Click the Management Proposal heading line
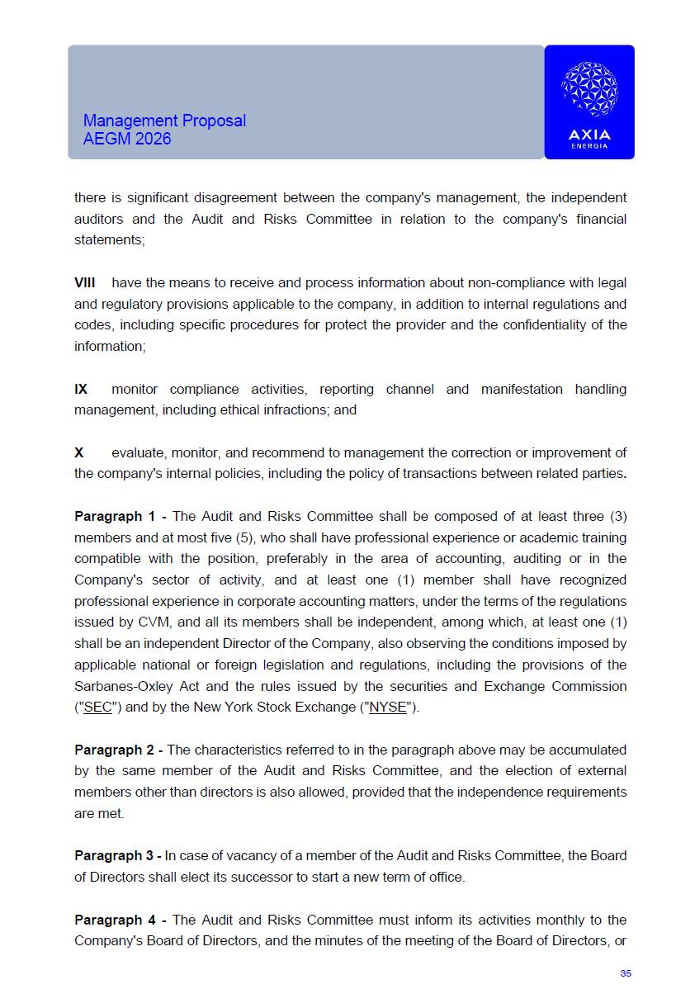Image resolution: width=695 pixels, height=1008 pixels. point(164,121)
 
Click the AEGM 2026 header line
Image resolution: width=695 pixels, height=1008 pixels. point(127,139)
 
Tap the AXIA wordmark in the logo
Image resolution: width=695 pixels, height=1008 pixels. point(589,135)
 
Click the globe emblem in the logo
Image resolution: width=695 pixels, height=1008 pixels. point(589,88)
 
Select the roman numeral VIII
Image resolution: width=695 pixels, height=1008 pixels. point(84,282)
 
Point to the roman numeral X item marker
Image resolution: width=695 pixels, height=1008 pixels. point(79,452)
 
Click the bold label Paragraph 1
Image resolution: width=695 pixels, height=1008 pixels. point(115,517)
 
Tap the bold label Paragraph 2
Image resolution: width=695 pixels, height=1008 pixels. point(115,750)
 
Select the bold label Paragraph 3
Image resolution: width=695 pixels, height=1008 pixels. point(115,855)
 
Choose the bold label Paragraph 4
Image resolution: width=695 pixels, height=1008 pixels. point(115,920)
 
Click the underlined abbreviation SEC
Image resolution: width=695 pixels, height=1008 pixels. point(98,707)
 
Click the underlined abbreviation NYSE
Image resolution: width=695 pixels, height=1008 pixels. point(387,707)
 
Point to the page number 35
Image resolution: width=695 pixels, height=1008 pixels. point(625,973)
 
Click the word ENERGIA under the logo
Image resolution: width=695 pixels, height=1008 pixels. point(589,146)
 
